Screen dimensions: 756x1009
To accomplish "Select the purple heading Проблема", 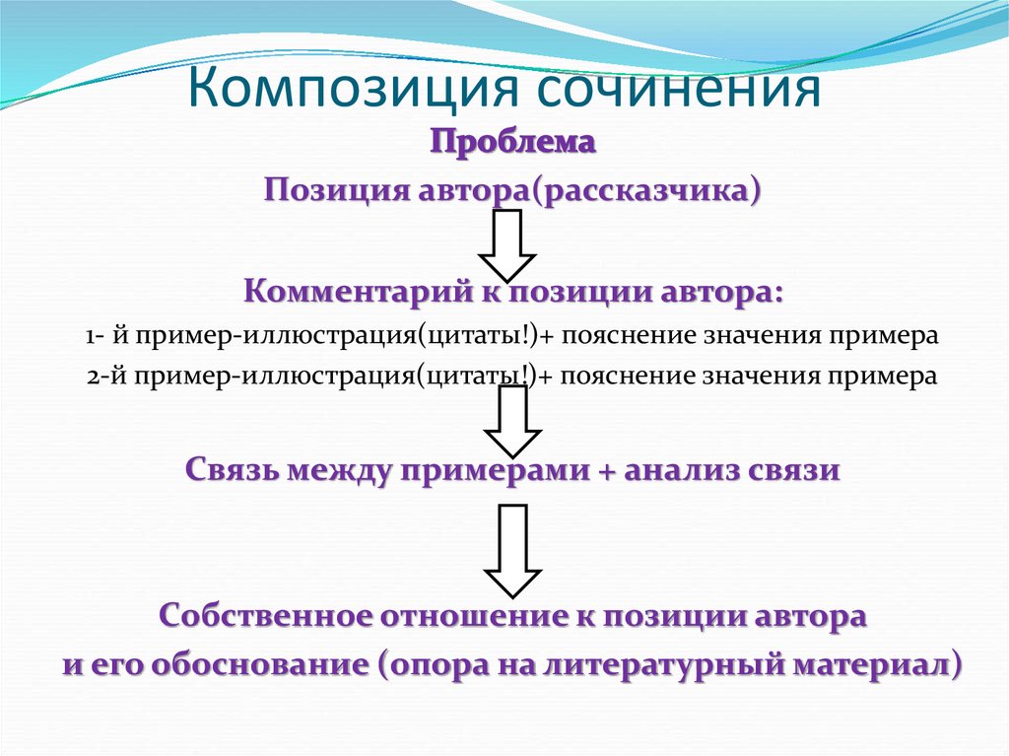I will (512, 144).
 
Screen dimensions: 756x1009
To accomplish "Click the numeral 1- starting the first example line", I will (96, 335).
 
